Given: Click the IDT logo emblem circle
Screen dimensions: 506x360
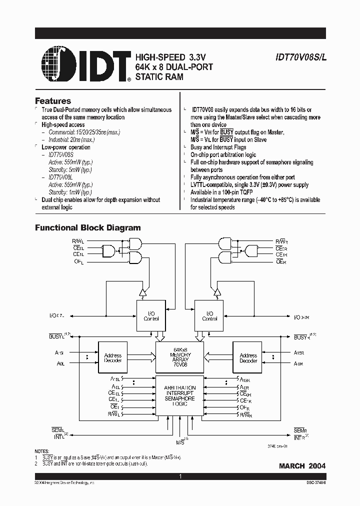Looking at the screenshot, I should click(55, 64).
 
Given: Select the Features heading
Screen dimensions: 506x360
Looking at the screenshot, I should click(52, 101).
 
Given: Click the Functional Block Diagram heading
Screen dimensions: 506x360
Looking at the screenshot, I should click(87, 228).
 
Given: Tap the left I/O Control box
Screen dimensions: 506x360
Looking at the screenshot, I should click(152, 316).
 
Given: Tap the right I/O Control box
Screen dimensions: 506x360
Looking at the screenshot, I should click(209, 316).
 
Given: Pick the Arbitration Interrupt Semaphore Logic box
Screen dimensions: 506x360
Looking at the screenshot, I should click(180, 396).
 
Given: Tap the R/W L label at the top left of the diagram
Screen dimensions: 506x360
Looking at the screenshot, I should click(78, 241).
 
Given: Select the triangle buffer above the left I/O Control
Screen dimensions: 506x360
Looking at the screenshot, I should click(142, 292).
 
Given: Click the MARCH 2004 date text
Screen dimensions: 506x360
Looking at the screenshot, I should click(302, 466).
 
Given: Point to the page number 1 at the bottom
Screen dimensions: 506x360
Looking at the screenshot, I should click(180, 477).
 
